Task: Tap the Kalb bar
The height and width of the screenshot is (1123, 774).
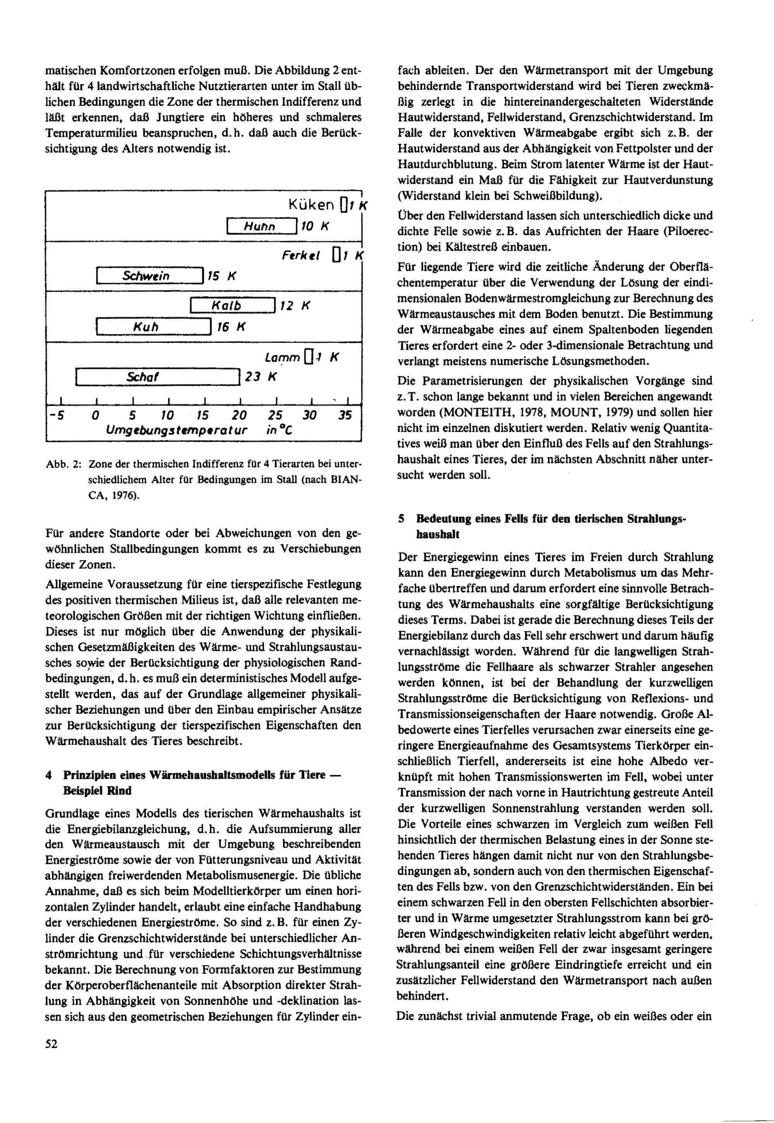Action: click(x=233, y=305)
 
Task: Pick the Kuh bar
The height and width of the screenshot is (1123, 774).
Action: click(x=153, y=327)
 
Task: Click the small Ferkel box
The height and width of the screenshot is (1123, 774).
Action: click(x=336, y=255)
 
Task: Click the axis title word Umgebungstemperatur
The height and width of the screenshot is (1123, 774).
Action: click(x=176, y=430)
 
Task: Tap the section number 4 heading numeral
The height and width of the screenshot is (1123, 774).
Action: click(x=48, y=775)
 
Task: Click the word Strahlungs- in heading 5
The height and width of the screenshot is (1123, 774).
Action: click(x=657, y=518)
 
